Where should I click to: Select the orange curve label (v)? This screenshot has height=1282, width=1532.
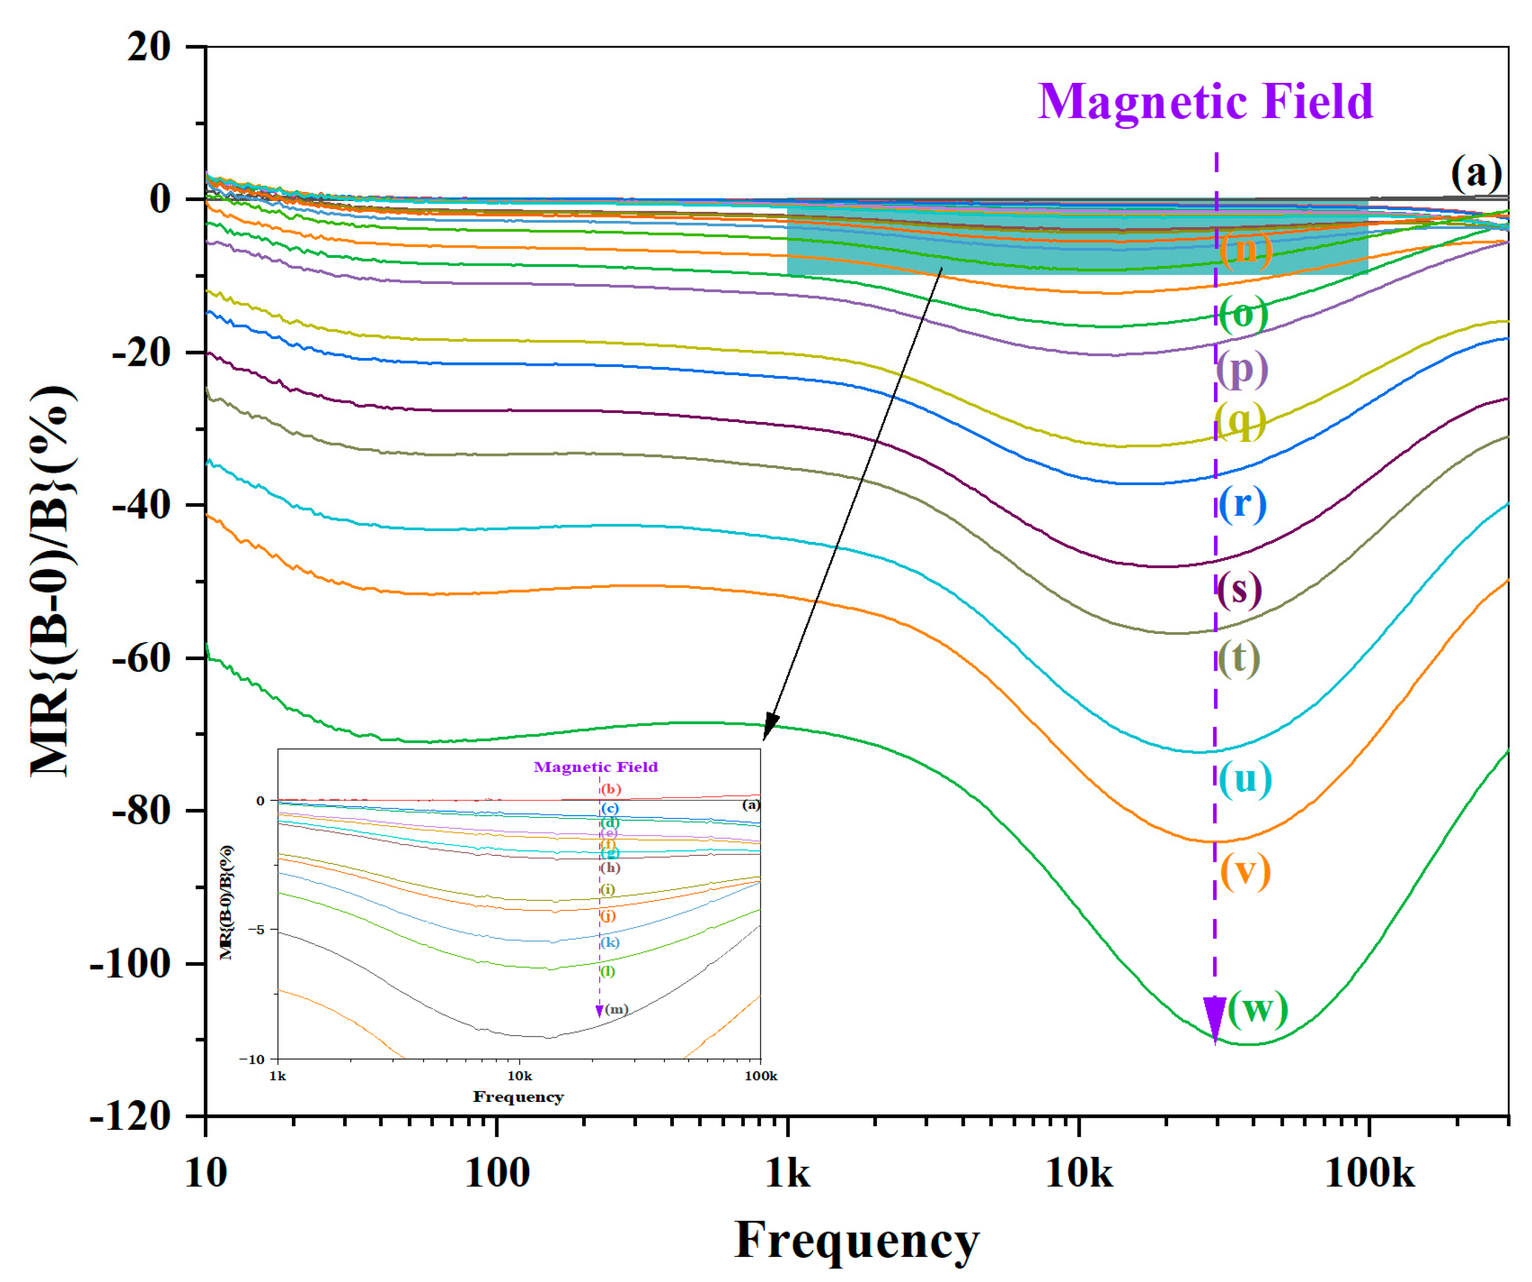pos(1245,872)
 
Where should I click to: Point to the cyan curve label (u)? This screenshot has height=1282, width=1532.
pos(1245,779)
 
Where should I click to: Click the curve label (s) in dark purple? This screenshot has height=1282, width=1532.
pos(1240,589)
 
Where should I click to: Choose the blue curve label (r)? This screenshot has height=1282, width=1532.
pos(1242,503)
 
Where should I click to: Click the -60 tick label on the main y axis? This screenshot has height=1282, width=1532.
pos(141,658)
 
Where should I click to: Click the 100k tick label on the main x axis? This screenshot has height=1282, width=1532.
pos(1368,1174)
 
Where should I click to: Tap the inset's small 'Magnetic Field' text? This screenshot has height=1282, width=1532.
pos(595,767)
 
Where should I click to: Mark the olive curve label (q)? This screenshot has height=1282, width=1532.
pos(1240,421)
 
